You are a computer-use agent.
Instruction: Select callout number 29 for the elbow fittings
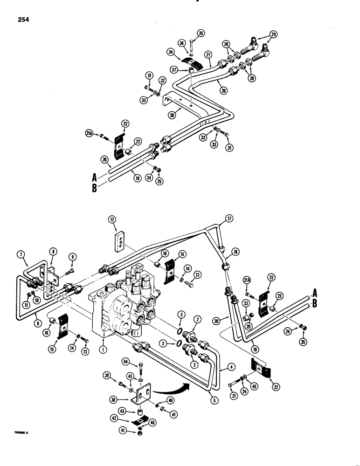click(x=274, y=34)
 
